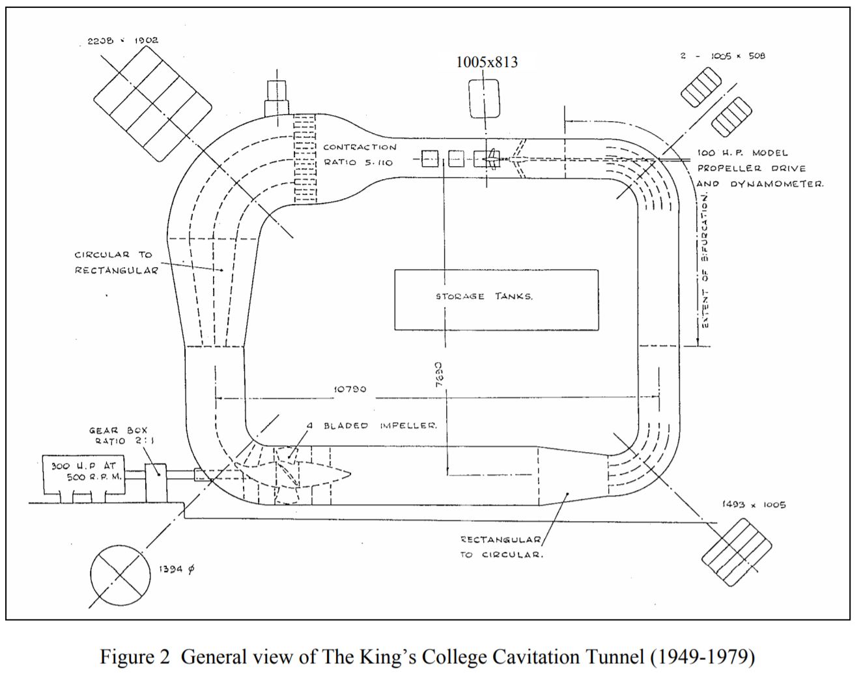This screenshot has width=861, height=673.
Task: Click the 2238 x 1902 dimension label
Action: pos(123,40)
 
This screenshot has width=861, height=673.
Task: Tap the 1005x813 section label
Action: pos(487,62)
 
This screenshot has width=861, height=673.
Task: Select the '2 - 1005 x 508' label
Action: pos(723,56)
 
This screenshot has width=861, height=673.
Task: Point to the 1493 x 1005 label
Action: pos(754,505)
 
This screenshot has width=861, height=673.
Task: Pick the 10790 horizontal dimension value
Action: pos(350,390)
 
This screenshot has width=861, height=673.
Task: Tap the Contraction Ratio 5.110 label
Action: pos(360,154)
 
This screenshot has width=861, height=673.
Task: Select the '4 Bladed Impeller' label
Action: pos(371,425)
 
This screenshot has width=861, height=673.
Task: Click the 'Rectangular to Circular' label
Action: pos(502,547)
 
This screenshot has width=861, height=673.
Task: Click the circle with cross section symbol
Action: pos(119,574)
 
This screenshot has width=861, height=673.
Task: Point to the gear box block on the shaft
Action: pos(156,482)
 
